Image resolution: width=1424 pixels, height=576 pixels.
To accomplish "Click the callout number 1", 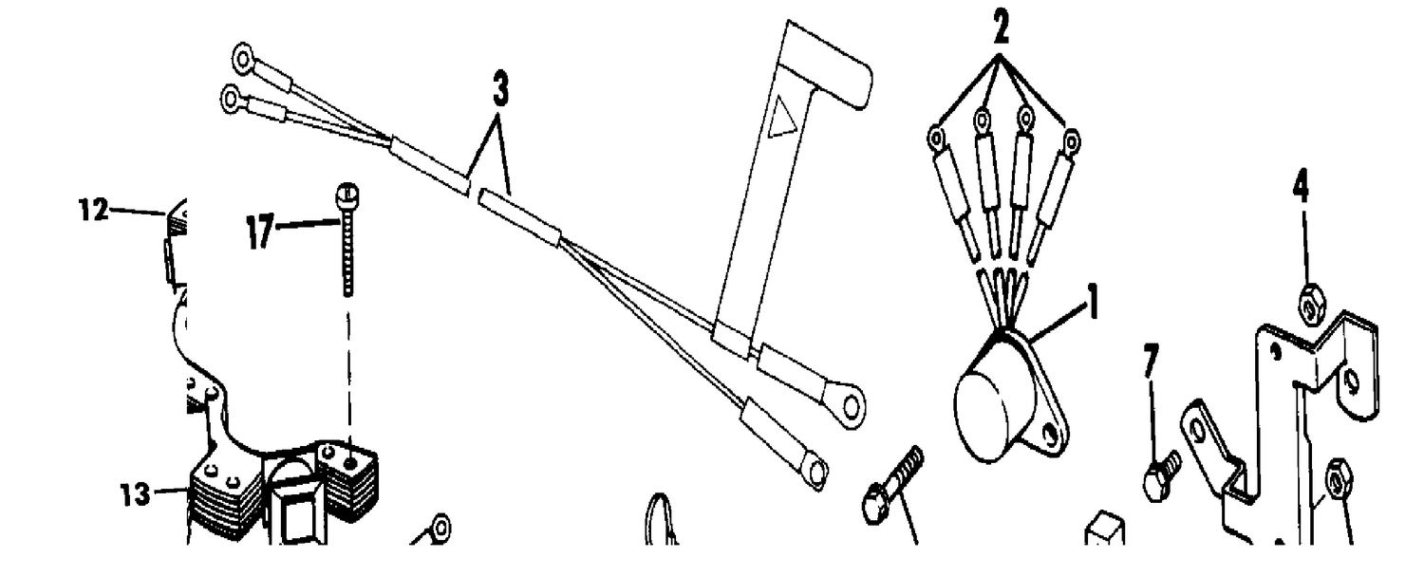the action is (1093, 302).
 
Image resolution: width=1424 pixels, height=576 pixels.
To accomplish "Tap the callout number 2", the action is (1000, 28).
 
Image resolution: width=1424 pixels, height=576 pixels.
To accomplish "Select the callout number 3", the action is (501, 89).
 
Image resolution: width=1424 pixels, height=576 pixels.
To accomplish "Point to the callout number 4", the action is (1302, 186).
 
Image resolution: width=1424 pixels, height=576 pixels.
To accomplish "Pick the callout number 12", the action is (94, 209).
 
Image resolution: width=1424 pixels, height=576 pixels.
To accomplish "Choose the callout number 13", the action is (136, 494).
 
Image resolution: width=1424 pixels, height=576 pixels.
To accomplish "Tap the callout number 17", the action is (259, 232).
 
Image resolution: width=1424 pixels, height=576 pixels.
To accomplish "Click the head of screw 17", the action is (347, 193).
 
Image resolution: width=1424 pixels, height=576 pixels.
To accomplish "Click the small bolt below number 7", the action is (1161, 475).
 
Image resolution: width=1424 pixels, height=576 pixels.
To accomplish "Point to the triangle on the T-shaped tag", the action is (782, 117).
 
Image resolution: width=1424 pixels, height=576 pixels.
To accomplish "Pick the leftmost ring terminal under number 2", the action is (936, 138).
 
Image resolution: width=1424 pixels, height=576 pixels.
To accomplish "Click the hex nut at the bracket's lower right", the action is (1338, 484).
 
